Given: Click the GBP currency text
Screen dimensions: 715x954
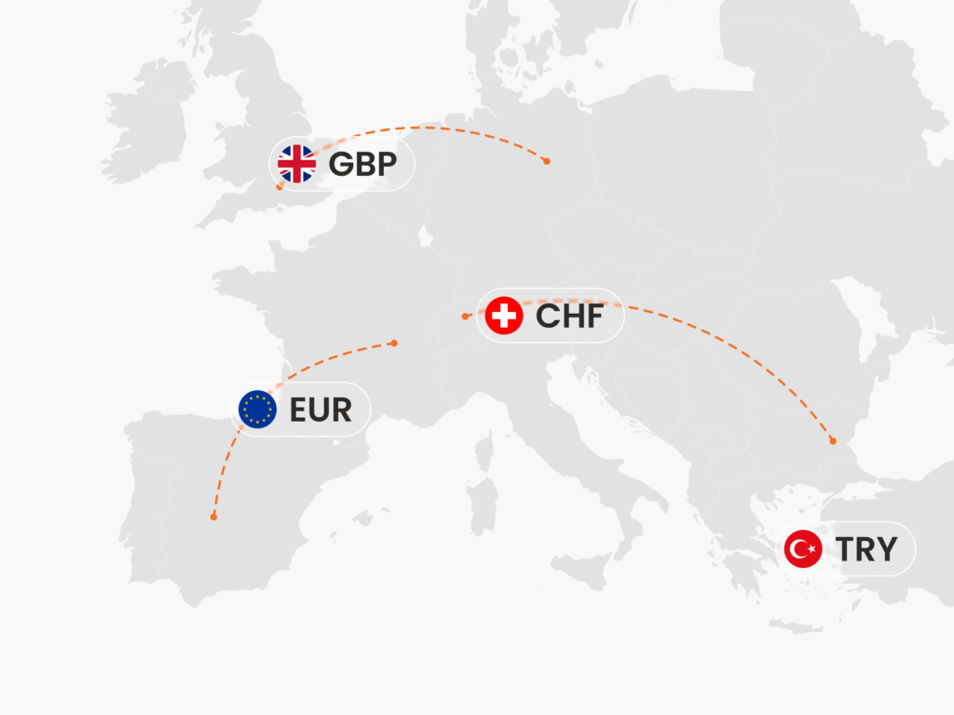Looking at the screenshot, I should [x=362, y=165].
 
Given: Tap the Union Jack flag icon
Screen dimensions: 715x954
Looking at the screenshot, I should [x=297, y=165].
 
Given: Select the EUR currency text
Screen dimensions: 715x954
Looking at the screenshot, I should [x=321, y=410].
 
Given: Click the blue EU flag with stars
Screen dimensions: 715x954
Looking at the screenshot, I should [x=257, y=410].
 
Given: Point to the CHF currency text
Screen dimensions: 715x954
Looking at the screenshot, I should [x=569, y=317].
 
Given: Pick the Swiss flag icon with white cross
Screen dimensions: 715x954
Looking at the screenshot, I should [x=504, y=317].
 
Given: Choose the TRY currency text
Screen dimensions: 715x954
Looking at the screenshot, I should [x=866, y=549].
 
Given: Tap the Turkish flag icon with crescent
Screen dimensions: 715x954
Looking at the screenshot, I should [x=802, y=549].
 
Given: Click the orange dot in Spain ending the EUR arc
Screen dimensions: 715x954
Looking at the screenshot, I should [x=213, y=517].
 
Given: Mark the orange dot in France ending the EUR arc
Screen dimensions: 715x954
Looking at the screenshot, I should [x=394, y=344].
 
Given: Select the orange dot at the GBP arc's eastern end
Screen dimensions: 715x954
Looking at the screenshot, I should [x=546, y=161].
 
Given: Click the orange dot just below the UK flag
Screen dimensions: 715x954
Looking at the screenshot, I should [x=279, y=187].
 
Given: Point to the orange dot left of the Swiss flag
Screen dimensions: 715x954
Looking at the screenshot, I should [x=466, y=317].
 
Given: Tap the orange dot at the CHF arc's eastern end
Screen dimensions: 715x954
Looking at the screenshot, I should [x=833, y=440].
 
